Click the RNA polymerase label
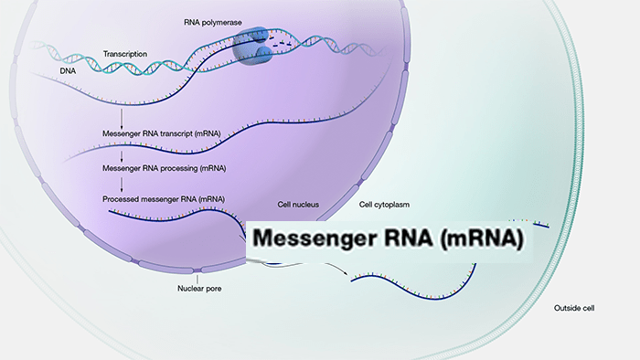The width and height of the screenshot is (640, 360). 213,23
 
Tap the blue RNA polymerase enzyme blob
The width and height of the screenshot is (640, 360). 251,47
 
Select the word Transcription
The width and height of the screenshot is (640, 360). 125,54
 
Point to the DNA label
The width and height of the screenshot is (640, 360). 68,71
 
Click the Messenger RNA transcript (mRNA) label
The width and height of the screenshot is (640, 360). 161,133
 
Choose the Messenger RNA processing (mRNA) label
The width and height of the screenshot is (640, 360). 164,168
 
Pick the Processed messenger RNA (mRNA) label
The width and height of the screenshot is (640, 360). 164,199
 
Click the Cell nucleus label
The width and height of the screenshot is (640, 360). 298,205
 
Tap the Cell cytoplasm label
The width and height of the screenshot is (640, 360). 384,205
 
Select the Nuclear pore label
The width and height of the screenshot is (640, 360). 199,289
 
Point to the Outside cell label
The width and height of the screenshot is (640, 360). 574,308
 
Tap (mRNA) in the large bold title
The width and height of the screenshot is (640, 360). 483,238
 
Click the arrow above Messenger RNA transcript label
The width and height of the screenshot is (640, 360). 122,119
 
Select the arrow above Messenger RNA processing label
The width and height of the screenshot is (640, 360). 122,157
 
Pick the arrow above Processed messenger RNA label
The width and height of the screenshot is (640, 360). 122,185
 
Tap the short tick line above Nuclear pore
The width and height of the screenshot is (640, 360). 197,280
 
